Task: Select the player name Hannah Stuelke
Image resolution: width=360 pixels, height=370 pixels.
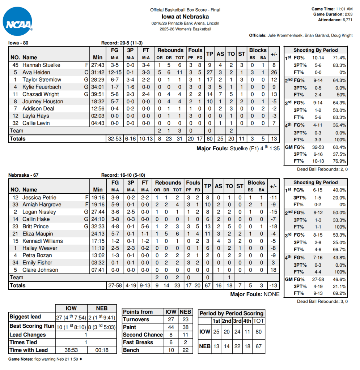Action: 41,65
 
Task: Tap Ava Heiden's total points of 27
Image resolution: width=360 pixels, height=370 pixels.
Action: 209,72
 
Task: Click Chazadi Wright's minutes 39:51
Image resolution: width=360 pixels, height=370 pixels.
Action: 98,94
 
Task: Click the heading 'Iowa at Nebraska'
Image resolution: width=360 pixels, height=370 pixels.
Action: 185,17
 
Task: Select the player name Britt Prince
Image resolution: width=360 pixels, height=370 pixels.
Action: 35,227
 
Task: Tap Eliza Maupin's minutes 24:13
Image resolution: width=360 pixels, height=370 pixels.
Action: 98,234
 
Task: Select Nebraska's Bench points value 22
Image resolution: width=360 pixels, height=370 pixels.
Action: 185,350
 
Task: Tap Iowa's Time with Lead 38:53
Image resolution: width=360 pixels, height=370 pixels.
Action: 71,350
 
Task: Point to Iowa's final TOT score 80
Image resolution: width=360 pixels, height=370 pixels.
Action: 258,331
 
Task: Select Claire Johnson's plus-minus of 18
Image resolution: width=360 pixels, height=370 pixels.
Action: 274,270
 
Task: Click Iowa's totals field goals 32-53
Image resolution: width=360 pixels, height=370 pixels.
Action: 115,139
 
